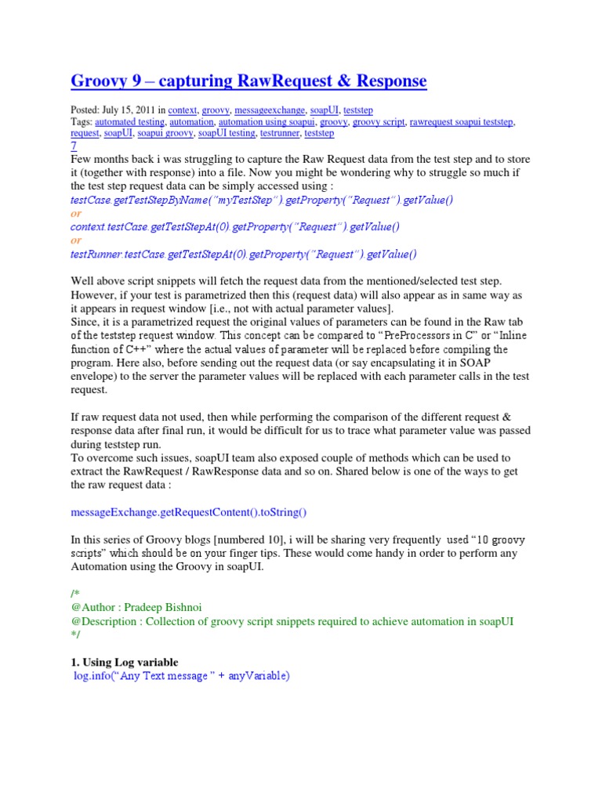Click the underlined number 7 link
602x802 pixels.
[74, 146]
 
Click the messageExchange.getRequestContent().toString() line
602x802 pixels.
[189, 512]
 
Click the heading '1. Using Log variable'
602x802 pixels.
[129, 662]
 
